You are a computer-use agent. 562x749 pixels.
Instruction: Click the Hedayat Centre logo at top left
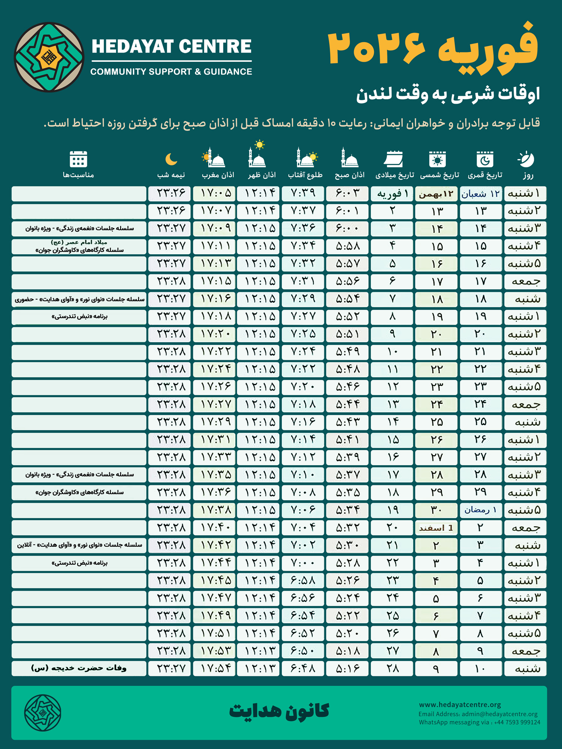pyautogui.click(x=49, y=57)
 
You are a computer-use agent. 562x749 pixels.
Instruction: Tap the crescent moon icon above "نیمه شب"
pyautogui.click(x=171, y=159)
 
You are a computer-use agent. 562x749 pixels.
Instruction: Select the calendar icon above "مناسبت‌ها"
pyautogui.click(x=78, y=159)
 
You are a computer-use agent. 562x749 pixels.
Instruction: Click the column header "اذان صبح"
pyautogui.click(x=349, y=175)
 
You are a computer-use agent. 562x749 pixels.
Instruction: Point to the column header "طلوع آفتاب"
pyautogui.click(x=305, y=175)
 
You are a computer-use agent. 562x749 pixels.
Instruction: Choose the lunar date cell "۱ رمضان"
pyautogui.click(x=480, y=510)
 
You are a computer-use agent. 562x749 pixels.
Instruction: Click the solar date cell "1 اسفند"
pyautogui.click(x=436, y=528)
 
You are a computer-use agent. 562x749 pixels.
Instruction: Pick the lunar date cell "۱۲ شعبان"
pyautogui.click(x=480, y=194)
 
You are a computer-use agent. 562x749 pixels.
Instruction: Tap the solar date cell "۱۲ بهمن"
pyautogui.click(x=436, y=194)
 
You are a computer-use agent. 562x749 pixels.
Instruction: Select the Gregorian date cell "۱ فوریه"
pyautogui.click(x=392, y=194)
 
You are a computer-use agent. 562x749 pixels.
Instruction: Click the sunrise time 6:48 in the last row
pyautogui.click(x=303, y=668)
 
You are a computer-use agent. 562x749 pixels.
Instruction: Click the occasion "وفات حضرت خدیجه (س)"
pyautogui.click(x=79, y=668)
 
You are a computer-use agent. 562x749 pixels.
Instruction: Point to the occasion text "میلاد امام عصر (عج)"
pyautogui.click(x=79, y=242)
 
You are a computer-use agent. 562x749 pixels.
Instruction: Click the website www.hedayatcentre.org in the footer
pyautogui.click(x=460, y=705)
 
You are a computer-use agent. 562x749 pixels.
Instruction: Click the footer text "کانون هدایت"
pyautogui.click(x=279, y=711)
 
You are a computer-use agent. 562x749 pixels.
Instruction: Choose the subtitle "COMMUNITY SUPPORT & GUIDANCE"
pyautogui.click(x=171, y=72)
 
